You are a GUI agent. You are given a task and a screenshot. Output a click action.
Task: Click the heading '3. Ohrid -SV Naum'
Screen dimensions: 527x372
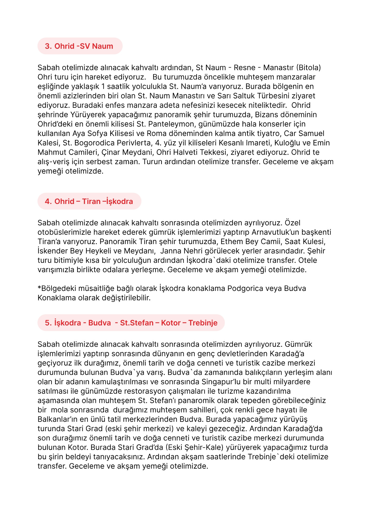(x=79, y=46)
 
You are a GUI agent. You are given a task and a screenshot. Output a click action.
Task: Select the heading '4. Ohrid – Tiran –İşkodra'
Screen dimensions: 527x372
(x=89, y=201)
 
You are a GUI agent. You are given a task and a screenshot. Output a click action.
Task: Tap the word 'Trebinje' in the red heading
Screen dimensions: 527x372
(x=203, y=323)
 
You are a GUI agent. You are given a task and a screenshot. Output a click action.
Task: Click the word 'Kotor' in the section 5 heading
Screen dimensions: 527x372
(x=171, y=323)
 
